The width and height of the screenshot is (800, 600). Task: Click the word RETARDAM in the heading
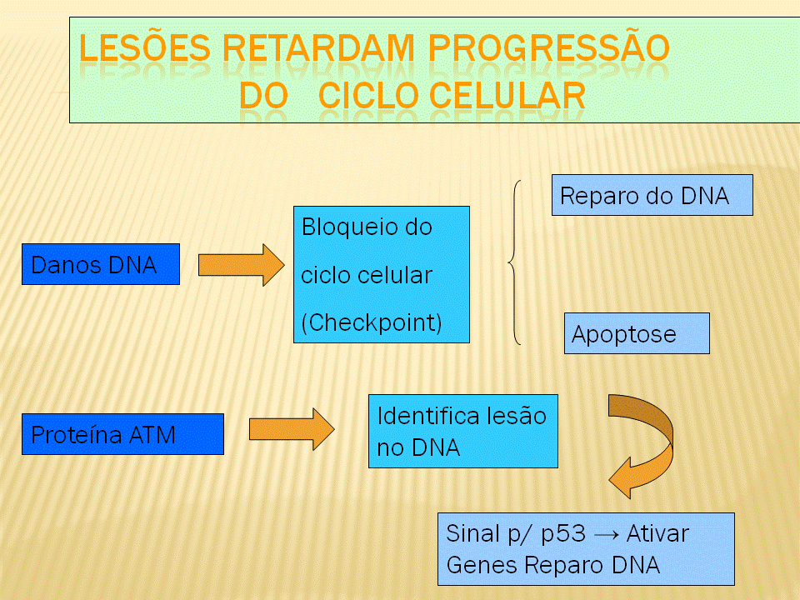coord(319,48)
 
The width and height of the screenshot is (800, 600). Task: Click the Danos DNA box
coord(101,264)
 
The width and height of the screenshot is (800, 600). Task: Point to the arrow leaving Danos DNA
coord(242,265)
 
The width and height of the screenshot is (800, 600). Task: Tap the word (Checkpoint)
coord(372,322)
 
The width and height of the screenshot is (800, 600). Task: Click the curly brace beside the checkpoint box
coord(514,262)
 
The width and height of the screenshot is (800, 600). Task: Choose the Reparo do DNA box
coord(652,195)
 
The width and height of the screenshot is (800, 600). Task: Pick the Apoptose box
coord(637,333)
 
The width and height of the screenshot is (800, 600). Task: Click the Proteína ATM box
coord(122,434)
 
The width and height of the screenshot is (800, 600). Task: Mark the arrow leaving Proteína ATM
coord(292,429)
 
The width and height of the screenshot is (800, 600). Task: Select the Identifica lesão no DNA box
coord(463,431)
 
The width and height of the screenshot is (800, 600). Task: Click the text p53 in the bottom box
coord(563,533)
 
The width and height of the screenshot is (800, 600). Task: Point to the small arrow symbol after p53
coord(607,535)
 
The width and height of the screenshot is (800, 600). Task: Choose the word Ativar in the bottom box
coord(657,533)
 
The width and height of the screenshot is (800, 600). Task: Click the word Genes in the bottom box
coord(482,565)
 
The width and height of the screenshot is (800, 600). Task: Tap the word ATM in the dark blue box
coord(152,435)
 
